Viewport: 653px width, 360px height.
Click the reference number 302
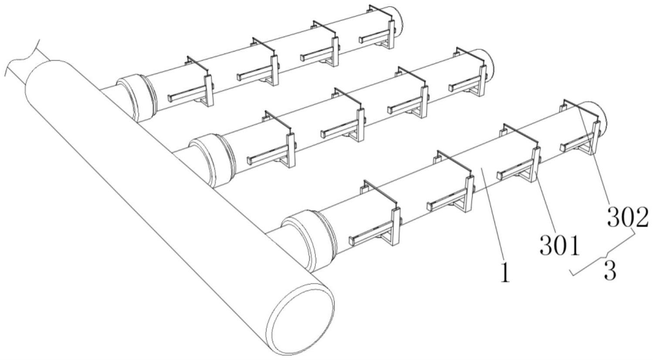627,217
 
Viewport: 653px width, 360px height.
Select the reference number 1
505,274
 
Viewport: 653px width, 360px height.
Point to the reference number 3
610,271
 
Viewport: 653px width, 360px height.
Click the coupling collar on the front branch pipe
309,240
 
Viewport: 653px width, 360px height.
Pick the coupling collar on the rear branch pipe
137,98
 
